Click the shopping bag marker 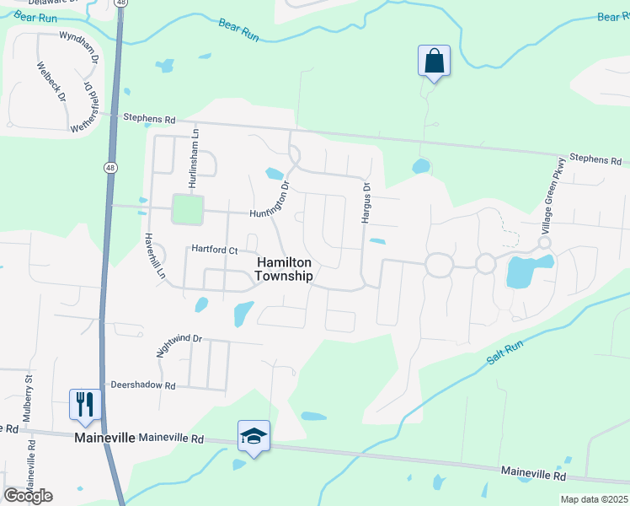[434, 62]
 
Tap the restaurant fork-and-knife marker [85, 403]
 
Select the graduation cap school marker [254, 436]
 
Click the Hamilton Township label [284, 270]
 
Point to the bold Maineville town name [104, 439]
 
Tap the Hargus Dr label [366, 203]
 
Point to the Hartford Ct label [215, 250]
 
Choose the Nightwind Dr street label [179, 344]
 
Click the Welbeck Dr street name [51, 79]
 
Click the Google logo [28, 495]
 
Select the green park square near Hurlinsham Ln [188, 210]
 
